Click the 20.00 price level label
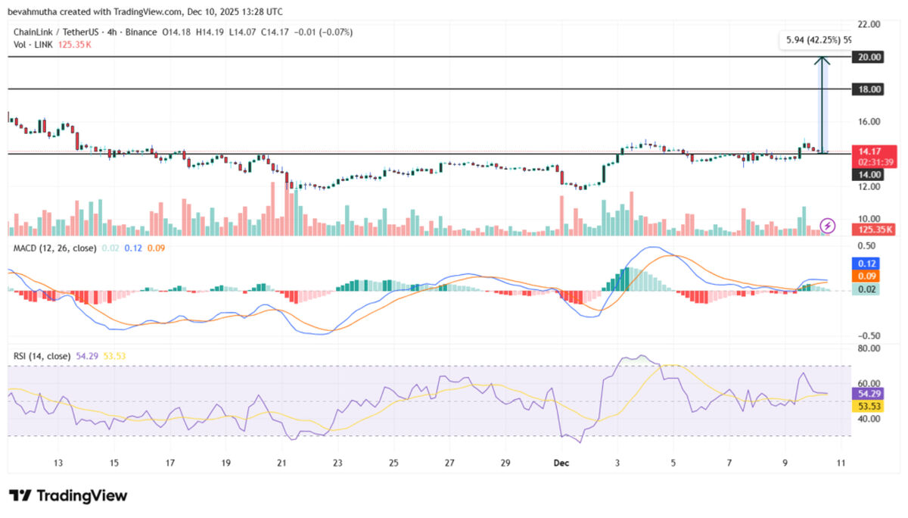(867, 57)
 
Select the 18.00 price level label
(867, 89)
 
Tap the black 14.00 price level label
(867, 175)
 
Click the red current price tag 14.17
(875, 157)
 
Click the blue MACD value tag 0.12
(866, 264)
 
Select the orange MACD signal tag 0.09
(866, 276)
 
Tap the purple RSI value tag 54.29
(868, 394)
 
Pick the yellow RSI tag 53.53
(868, 406)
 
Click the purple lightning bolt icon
(827, 226)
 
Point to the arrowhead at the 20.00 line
(822, 58)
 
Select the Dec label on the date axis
(561, 463)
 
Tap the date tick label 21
(281, 463)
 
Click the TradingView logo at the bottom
(68, 496)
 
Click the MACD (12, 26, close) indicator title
(54, 248)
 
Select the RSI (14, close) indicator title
(42, 356)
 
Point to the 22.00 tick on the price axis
(869, 24)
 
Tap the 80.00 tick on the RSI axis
(869, 348)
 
